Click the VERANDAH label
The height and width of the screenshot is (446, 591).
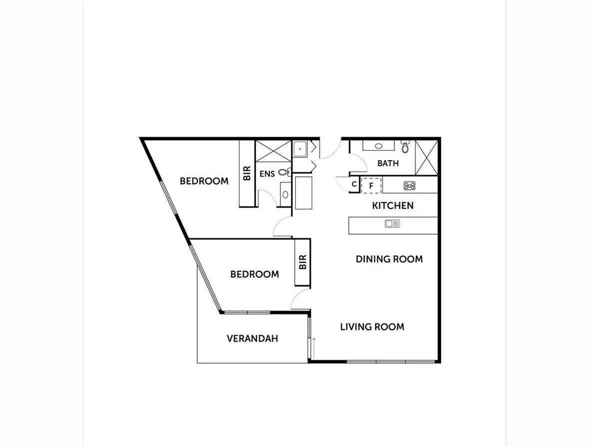coord(252,339)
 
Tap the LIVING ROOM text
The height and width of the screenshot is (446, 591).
coord(372,327)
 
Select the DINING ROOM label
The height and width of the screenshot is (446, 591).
coord(389,259)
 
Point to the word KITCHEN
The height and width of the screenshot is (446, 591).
coord(393,205)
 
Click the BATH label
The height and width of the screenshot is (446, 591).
coord(388,163)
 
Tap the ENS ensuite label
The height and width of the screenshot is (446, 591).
coord(267,174)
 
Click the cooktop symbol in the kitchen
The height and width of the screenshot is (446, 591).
coord(410,186)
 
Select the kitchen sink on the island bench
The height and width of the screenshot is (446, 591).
coord(392,224)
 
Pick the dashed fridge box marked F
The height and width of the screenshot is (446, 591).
coord(371,185)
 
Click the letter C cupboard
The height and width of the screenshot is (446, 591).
coord(354,184)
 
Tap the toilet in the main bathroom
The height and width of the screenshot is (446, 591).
coord(405,147)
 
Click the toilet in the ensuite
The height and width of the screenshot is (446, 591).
coord(284,172)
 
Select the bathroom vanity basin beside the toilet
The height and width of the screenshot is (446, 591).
coord(378,146)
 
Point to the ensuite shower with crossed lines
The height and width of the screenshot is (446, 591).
coord(273,151)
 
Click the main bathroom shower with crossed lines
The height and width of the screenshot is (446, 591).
coord(427,157)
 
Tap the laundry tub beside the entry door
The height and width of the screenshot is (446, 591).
coord(300,148)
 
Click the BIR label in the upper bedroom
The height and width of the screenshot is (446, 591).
coord(247,173)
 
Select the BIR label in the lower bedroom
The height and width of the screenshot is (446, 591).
coord(302,262)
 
